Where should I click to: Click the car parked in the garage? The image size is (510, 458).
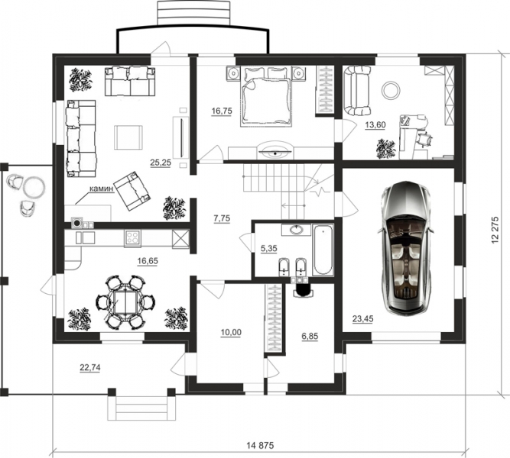[x=405, y=248]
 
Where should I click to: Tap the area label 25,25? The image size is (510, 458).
[x=161, y=163]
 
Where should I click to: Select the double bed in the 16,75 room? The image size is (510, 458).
[x=265, y=96]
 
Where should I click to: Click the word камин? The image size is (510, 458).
[x=102, y=189]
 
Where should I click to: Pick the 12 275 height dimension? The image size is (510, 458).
[x=495, y=230]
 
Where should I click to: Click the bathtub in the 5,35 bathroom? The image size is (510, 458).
[x=323, y=250]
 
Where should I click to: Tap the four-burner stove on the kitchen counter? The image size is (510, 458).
[x=133, y=238]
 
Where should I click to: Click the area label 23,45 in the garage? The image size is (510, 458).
[x=363, y=319]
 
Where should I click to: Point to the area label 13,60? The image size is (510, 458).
[x=375, y=124]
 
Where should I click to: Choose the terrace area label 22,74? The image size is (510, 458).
[x=90, y=367]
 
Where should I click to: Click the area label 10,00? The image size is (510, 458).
[x=231, y=332]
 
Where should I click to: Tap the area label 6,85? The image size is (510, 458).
[x=310, y=337]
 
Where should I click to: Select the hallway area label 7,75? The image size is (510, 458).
[x=222, y=218]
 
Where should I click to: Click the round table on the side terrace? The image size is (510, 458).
[x=34, y=187]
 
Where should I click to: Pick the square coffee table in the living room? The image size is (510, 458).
[x=128, y=137]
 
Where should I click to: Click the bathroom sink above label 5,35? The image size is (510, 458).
[x=297, y=230]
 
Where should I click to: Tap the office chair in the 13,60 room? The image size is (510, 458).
[x=424, y=140]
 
